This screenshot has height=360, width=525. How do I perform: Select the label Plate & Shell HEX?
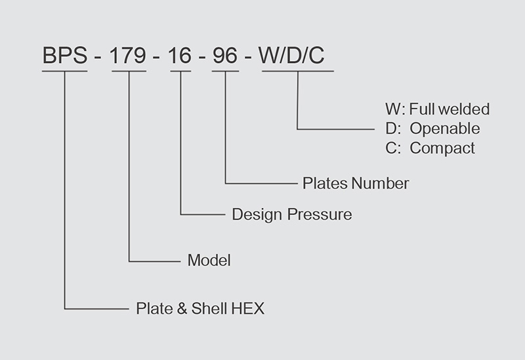[199, 308]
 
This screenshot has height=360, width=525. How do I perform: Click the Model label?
[209, 260]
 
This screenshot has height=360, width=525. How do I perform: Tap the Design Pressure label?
[291, 214]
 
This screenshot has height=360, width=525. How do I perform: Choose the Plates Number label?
[355, 183]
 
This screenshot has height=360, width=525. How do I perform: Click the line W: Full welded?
[437, 109]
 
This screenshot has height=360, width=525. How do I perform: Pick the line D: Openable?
[432, 129]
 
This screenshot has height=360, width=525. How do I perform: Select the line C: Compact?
[430, 148]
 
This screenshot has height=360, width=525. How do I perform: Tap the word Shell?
[209, 308]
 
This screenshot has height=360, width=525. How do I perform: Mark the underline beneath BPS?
[64, 70]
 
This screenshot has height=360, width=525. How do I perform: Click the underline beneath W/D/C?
[298, 70]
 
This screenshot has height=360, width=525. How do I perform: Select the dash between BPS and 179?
[98, 58]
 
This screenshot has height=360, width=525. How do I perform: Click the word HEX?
[248, 308]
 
